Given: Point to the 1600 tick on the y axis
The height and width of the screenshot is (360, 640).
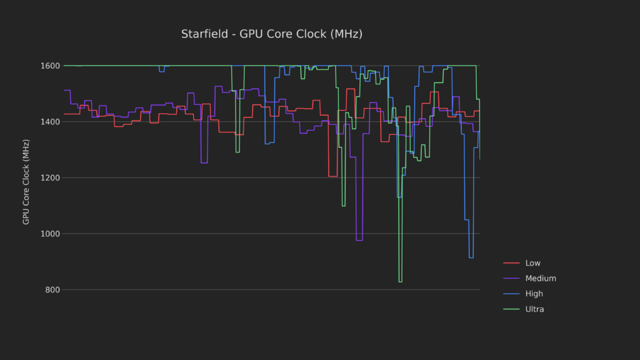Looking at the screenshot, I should pos(51,66).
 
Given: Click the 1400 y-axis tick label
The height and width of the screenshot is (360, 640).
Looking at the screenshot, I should pos(51,122).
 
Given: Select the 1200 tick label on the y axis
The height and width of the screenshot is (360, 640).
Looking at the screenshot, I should pos(51,178).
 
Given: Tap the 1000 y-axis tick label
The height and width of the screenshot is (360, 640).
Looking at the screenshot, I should pos(51,234).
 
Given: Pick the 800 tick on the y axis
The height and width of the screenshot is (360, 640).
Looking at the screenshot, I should pos(53,290).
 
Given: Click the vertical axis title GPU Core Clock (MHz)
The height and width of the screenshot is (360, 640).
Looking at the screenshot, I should pos(26,182).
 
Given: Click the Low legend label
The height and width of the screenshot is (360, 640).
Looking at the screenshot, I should pos(533,263).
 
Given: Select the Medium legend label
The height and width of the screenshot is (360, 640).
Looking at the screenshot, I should pos(541,279).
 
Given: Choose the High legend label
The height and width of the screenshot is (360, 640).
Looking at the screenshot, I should pos(534,294).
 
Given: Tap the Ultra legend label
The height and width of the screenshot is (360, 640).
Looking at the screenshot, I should pos(535,309).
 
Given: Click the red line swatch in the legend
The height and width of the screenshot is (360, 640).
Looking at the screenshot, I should pos(511,263).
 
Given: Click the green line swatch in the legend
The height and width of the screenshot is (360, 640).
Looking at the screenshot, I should pos(511,309).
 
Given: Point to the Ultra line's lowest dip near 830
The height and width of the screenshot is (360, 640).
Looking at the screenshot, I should pos(400,282).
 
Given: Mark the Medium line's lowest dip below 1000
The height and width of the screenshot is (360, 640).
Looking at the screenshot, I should pos(359,240).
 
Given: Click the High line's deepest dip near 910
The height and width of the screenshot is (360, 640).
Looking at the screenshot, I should pos(471,257).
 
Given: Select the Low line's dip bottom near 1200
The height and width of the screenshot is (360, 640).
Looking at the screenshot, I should pos(332,176).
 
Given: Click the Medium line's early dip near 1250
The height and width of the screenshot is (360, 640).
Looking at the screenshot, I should pos(204,162).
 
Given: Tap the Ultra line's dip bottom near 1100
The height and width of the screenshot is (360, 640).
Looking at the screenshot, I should pos(344,206).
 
